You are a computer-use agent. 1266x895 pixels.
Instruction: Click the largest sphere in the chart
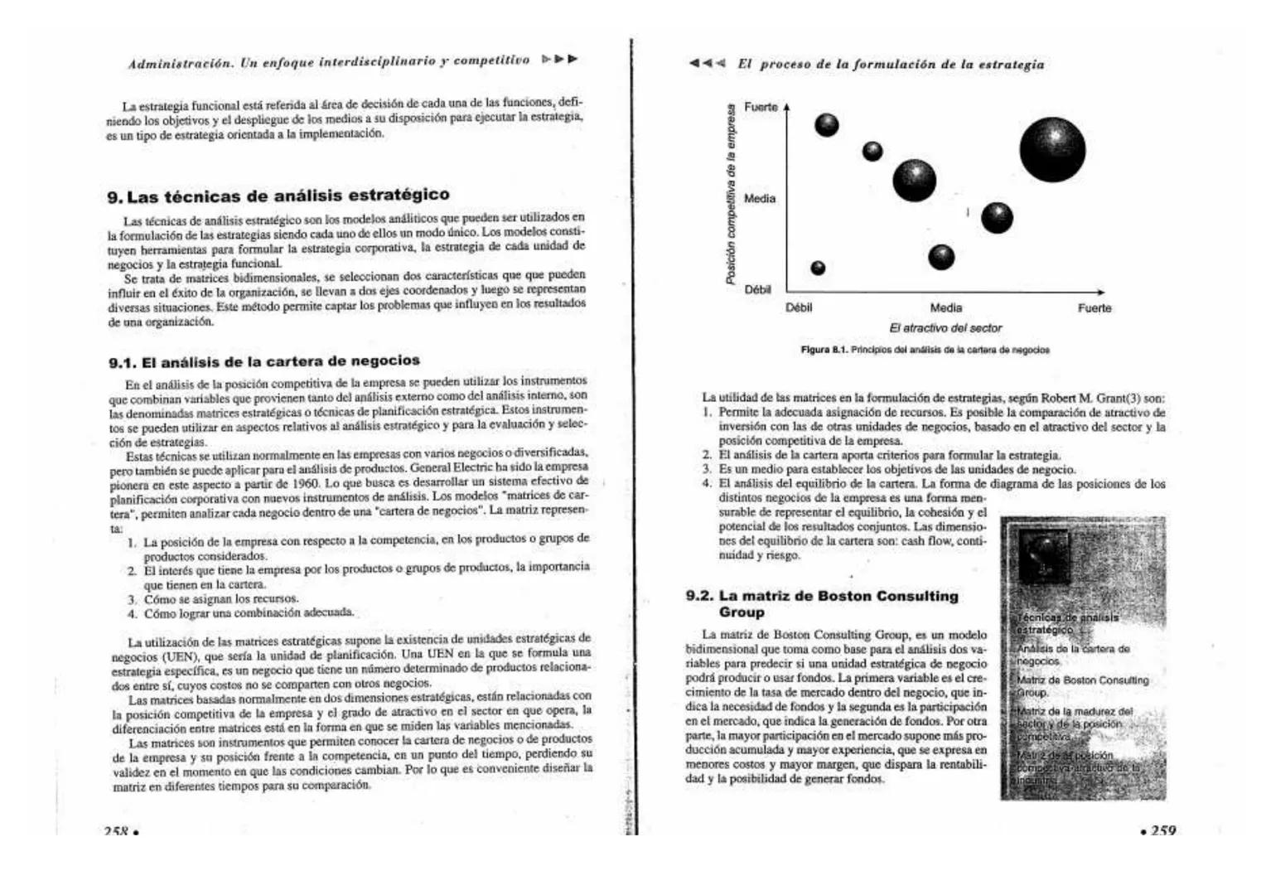tap(1052, 150)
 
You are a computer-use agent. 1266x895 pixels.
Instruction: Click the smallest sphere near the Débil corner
tap(818, 268)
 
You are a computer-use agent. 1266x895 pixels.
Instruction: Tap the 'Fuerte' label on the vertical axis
tap(761, 108)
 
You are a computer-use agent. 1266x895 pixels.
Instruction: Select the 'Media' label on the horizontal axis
tap(945, 308)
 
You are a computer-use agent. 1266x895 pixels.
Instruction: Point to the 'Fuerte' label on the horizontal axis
tap(1094, 308)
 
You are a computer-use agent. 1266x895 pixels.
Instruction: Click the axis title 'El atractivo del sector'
tap(945, 328)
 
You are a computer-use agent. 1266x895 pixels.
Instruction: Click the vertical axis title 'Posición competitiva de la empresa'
tap(731, 196)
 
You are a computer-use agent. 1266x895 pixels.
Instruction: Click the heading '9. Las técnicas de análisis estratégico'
tap(278, 196)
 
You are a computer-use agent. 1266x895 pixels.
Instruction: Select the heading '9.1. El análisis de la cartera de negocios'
tap(264, 361)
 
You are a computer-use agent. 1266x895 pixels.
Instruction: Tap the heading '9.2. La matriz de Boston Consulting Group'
tap(822, 603)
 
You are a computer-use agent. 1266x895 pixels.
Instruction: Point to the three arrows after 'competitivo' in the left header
tap(559, 60)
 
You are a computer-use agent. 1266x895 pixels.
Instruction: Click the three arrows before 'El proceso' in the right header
tap(707, 64)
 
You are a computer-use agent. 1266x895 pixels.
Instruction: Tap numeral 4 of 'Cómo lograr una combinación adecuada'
tap(132, 614)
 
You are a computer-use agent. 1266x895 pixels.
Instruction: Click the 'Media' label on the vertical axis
tap(759, 199)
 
